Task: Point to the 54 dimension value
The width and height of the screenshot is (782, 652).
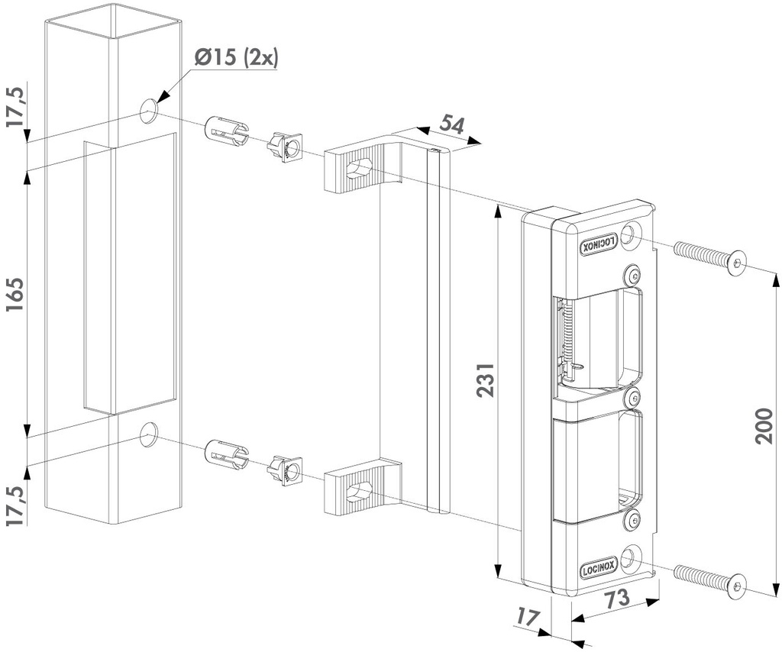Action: pos(451,124)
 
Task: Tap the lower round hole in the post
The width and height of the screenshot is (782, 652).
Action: pos(149,434)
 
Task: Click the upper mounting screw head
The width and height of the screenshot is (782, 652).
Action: pos(736,265)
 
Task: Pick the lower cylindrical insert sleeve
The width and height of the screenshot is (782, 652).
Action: pos(226,453)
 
